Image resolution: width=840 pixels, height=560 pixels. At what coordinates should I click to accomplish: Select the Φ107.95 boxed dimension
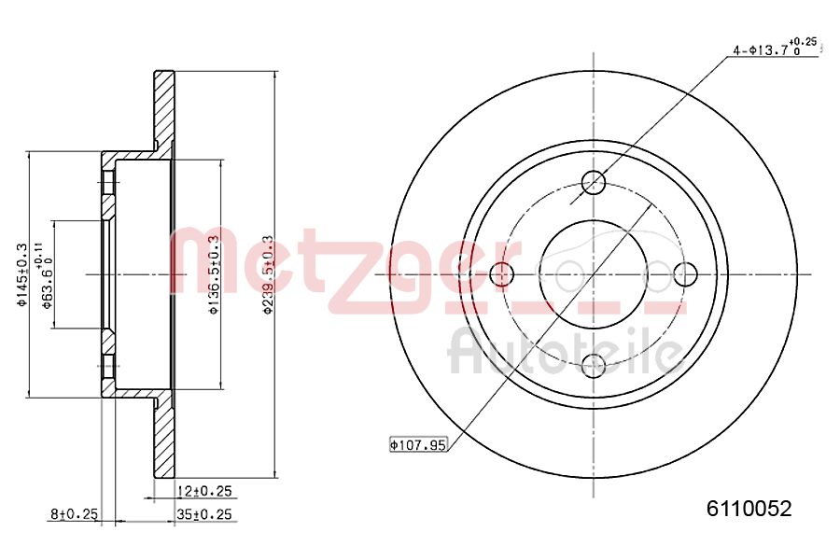coord(417,445)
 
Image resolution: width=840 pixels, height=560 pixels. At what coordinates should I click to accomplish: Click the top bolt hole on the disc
coord(594,182)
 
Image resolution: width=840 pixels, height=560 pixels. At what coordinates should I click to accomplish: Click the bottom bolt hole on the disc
coord(594,365)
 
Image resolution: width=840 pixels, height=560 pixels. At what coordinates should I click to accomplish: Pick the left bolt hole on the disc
coord(502,274)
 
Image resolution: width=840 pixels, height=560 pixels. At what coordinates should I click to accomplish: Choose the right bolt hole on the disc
coord(685,274)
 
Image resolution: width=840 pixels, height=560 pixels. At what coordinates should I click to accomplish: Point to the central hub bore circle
coord(594,274)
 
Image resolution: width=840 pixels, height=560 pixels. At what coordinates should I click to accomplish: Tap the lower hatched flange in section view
coord(164,439)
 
